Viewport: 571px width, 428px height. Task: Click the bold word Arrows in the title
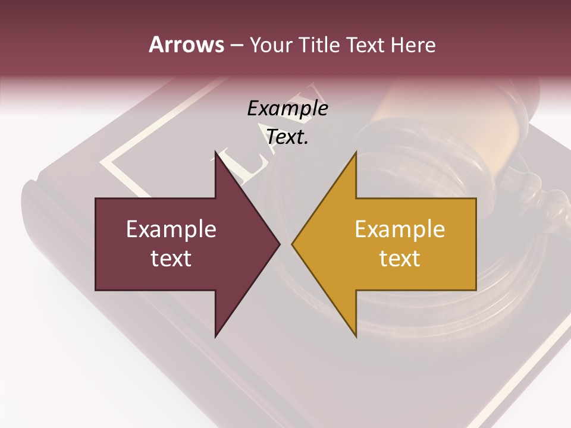tap(186, 45)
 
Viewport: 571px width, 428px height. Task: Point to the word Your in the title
tap(271, 45)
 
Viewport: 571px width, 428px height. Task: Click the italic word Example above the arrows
tap(287, 108)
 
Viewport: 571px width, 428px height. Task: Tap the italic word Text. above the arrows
tap(287, 137)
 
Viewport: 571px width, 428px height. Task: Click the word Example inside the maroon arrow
tap(171, 229)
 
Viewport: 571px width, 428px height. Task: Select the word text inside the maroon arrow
tap(171, 259)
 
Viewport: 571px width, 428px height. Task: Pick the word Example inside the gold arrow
tap(400, 229)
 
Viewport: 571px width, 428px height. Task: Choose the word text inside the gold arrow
tap(400, 259)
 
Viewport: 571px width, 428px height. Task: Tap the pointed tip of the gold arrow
tap(293, 244)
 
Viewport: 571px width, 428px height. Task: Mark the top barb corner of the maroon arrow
tap(216, 153)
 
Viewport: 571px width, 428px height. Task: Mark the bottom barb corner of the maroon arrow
tap(216, 336)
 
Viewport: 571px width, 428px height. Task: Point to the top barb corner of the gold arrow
tap(356, 153)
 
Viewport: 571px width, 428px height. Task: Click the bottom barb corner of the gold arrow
tap(356, 336)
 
